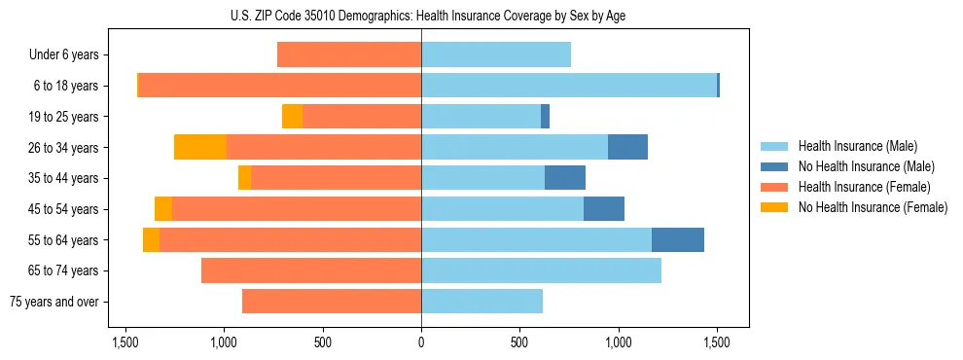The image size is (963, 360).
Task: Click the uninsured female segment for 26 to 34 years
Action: pyautogui.click(x=200, y=147)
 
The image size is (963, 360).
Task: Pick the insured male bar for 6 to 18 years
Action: pyautogui.click(x=569, y=86)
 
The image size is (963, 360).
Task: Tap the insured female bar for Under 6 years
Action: pyautogui.click(x=349, y=54)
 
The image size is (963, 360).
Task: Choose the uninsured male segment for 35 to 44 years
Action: pyautogui.click(x=565, y=178)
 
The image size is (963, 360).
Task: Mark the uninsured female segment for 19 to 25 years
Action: pyautogui.click(x=292, y=117)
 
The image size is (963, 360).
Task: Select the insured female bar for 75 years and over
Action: pyautogui.click(x=332, y=302)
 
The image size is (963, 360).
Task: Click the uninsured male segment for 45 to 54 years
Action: pyautogui.click(x=604, y=209)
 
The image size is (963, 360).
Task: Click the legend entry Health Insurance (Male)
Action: pyautogui.click(x=857, y=146)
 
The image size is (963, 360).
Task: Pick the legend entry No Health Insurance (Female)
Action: pyautogui.click(x=873, y=207)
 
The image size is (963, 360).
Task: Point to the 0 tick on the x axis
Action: pyautogui.click(x=421, y=342)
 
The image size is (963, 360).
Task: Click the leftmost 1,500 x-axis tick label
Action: pyautogui.click(x=125, y=342)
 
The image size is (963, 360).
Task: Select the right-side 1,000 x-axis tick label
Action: pyautogui.click(x=618, y=342)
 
